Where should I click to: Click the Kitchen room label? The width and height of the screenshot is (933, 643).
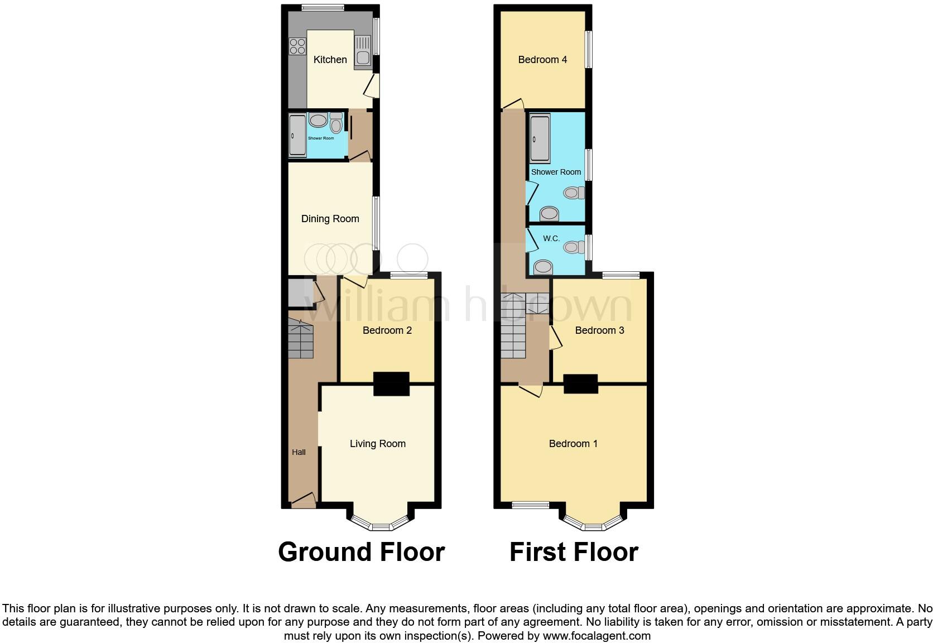click(x=330, y=60)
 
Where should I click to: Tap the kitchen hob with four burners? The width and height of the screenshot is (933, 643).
click(x=297, y=46)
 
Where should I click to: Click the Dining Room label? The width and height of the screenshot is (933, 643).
click(x=330, y=219)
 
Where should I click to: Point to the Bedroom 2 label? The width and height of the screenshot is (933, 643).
click(x=387, y=330)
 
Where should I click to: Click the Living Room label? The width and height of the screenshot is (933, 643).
click(x=377, y=444)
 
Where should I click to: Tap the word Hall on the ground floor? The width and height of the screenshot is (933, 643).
click(x=299, y=452)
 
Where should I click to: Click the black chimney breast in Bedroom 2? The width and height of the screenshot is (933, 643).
click(x=391, y=384)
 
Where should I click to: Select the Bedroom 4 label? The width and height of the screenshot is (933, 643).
click(x=542, y=60)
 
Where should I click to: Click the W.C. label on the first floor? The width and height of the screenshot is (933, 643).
click(x=551, y=238)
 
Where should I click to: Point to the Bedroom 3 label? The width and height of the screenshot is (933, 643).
click(x=599, y=330)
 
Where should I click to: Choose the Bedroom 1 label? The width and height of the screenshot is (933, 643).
click(x=573, y=444)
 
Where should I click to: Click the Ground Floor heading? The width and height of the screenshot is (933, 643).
click(x=361, y=552)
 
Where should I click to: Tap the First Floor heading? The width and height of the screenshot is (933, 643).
click(x=574, y=552)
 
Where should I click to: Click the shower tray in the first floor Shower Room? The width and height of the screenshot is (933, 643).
click(x=540, y=138)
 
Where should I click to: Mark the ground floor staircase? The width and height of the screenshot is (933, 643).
click(x=300, y=338)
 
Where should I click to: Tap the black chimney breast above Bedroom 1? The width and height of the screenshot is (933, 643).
click(x=581, y=384)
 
